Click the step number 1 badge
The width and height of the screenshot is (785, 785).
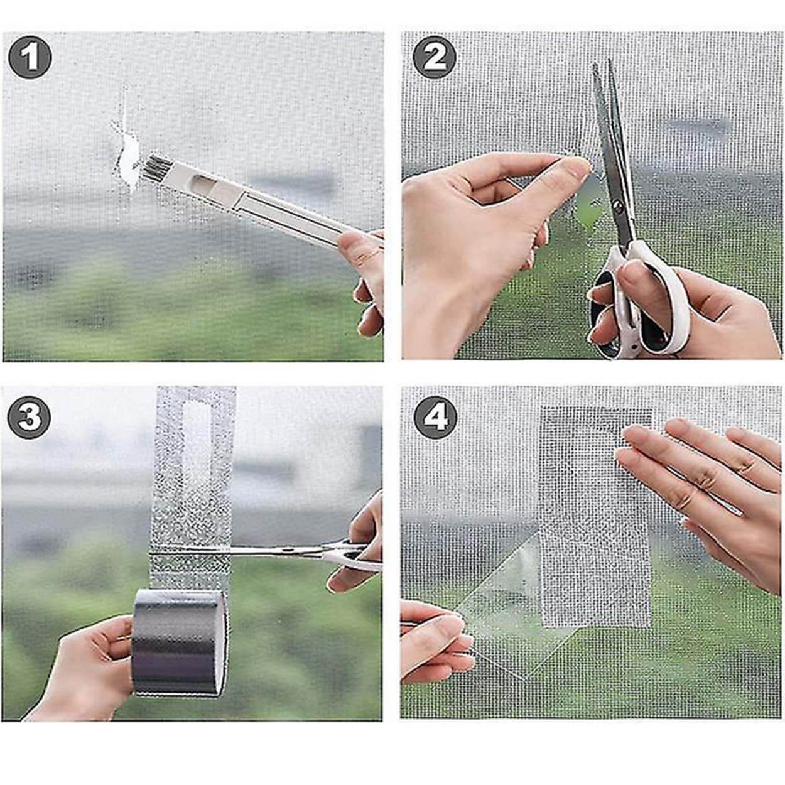click(30, 57)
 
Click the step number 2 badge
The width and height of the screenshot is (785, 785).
click(434, 57)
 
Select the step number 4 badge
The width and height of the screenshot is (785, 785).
click(435, 418)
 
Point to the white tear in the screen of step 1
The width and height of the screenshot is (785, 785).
click(127, 154)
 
